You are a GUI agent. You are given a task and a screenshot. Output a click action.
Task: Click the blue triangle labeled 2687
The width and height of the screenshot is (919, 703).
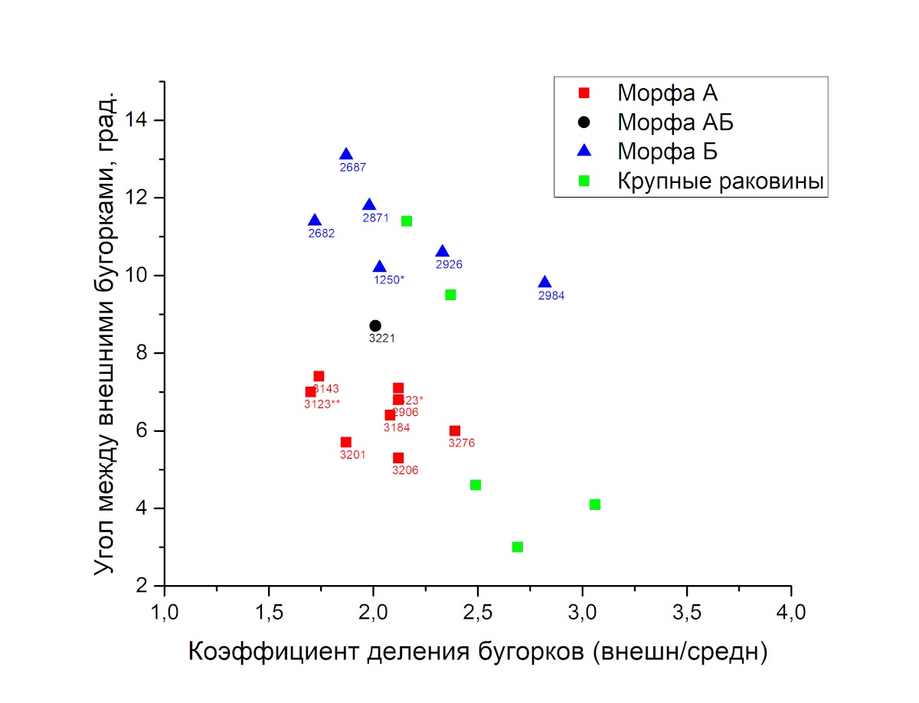(346, 155)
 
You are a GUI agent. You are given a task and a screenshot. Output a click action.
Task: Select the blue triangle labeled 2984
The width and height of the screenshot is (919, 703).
(545, 283)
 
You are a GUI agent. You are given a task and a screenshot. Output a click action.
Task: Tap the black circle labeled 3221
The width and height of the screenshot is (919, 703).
(375, 325)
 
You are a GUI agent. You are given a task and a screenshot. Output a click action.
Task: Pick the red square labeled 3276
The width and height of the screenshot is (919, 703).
(455, 431)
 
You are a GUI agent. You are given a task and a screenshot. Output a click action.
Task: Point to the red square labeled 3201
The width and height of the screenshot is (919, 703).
(346, 443)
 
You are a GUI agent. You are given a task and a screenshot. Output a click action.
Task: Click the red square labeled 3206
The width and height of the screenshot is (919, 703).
(398, 458)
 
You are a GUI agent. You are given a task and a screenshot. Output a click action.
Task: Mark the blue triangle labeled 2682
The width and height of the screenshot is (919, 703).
(315, 221)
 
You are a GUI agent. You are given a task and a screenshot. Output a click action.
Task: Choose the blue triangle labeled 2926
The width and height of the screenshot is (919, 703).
(442, 252)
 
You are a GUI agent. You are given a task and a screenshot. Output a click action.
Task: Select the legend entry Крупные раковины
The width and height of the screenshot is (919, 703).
(720, 181)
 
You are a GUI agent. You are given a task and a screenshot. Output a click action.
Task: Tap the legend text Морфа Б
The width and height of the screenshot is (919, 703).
(667, 152)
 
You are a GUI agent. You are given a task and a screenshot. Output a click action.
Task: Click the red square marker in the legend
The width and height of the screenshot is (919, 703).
(584, 93)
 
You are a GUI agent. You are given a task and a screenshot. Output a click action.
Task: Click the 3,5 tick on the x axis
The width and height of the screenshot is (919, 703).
(686, 587)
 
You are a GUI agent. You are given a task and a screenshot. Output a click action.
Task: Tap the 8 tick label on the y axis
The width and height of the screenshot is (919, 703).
(143, 353)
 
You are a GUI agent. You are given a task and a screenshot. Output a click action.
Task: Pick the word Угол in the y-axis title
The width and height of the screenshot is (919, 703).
(105, 551)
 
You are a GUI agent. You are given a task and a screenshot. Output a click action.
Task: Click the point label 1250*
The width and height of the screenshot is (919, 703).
(389, 280)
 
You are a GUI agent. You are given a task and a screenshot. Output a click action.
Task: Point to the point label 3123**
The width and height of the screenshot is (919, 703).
(322, 404)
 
